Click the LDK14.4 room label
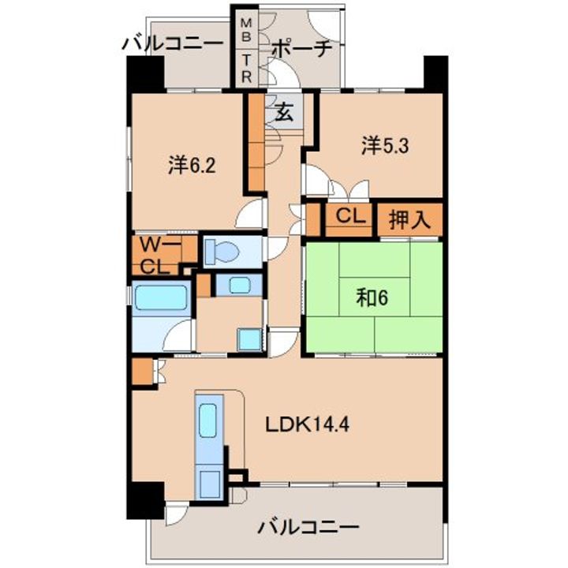coord(307,424)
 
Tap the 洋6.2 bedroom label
coord(192,165)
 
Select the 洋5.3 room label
coord(385,145)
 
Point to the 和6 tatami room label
coord(372,297)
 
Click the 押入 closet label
coord(409,219)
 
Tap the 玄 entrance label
coord(284,111)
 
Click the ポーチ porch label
coord(301,49)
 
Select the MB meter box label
coord(246,30)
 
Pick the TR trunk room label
coord(246,68)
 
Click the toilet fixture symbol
coord(221,251)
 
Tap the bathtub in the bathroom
coord(161,297)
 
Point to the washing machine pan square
coord(249,339)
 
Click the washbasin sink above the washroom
coord(239,285)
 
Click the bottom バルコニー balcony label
coord(308,528)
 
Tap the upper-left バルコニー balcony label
coord(173,44)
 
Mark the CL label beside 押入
coord(350,216)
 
